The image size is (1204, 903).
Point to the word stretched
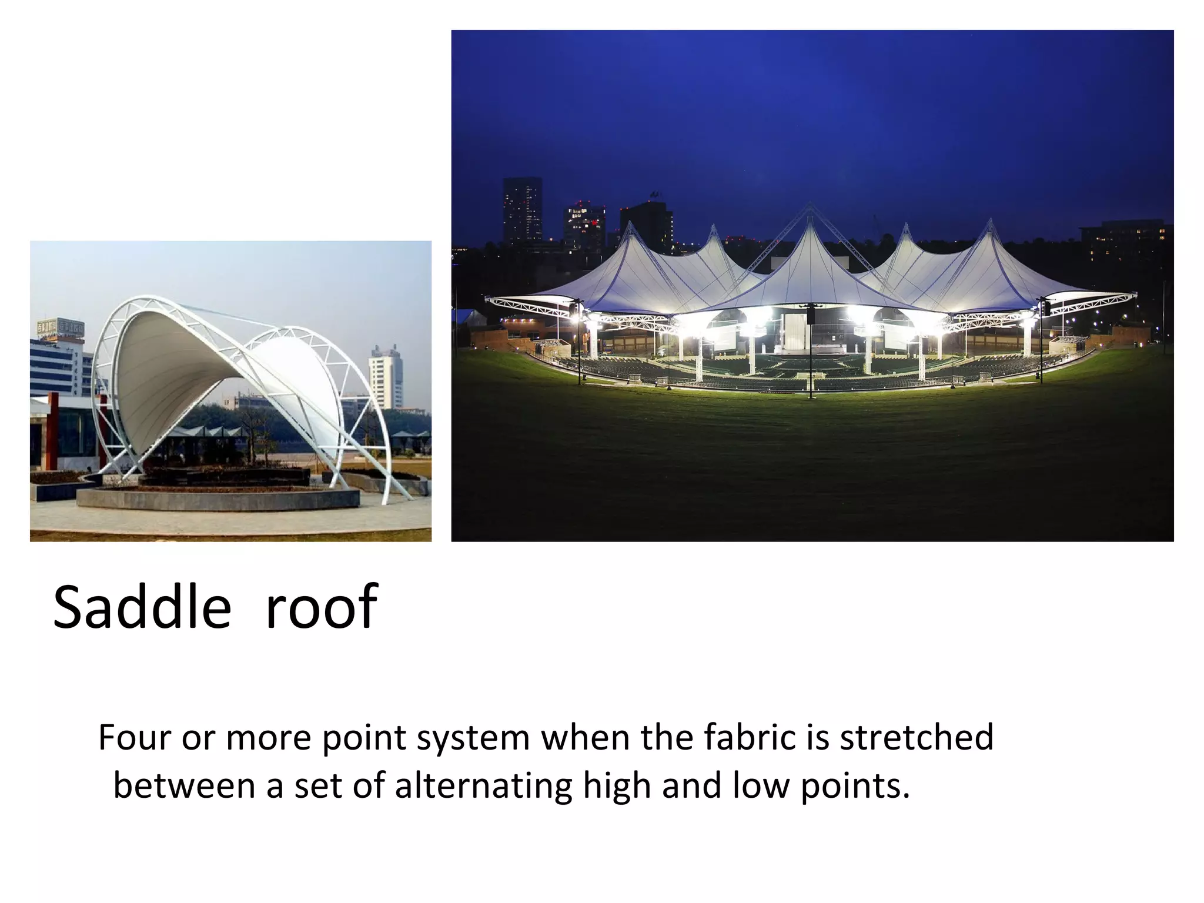tap(917, 737)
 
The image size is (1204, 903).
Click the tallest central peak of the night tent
tap(810, 207)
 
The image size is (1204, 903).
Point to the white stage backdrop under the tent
tap(795, 332)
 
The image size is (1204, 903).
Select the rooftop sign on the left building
tap(61, 328)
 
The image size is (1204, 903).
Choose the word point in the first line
tap(364, 738)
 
